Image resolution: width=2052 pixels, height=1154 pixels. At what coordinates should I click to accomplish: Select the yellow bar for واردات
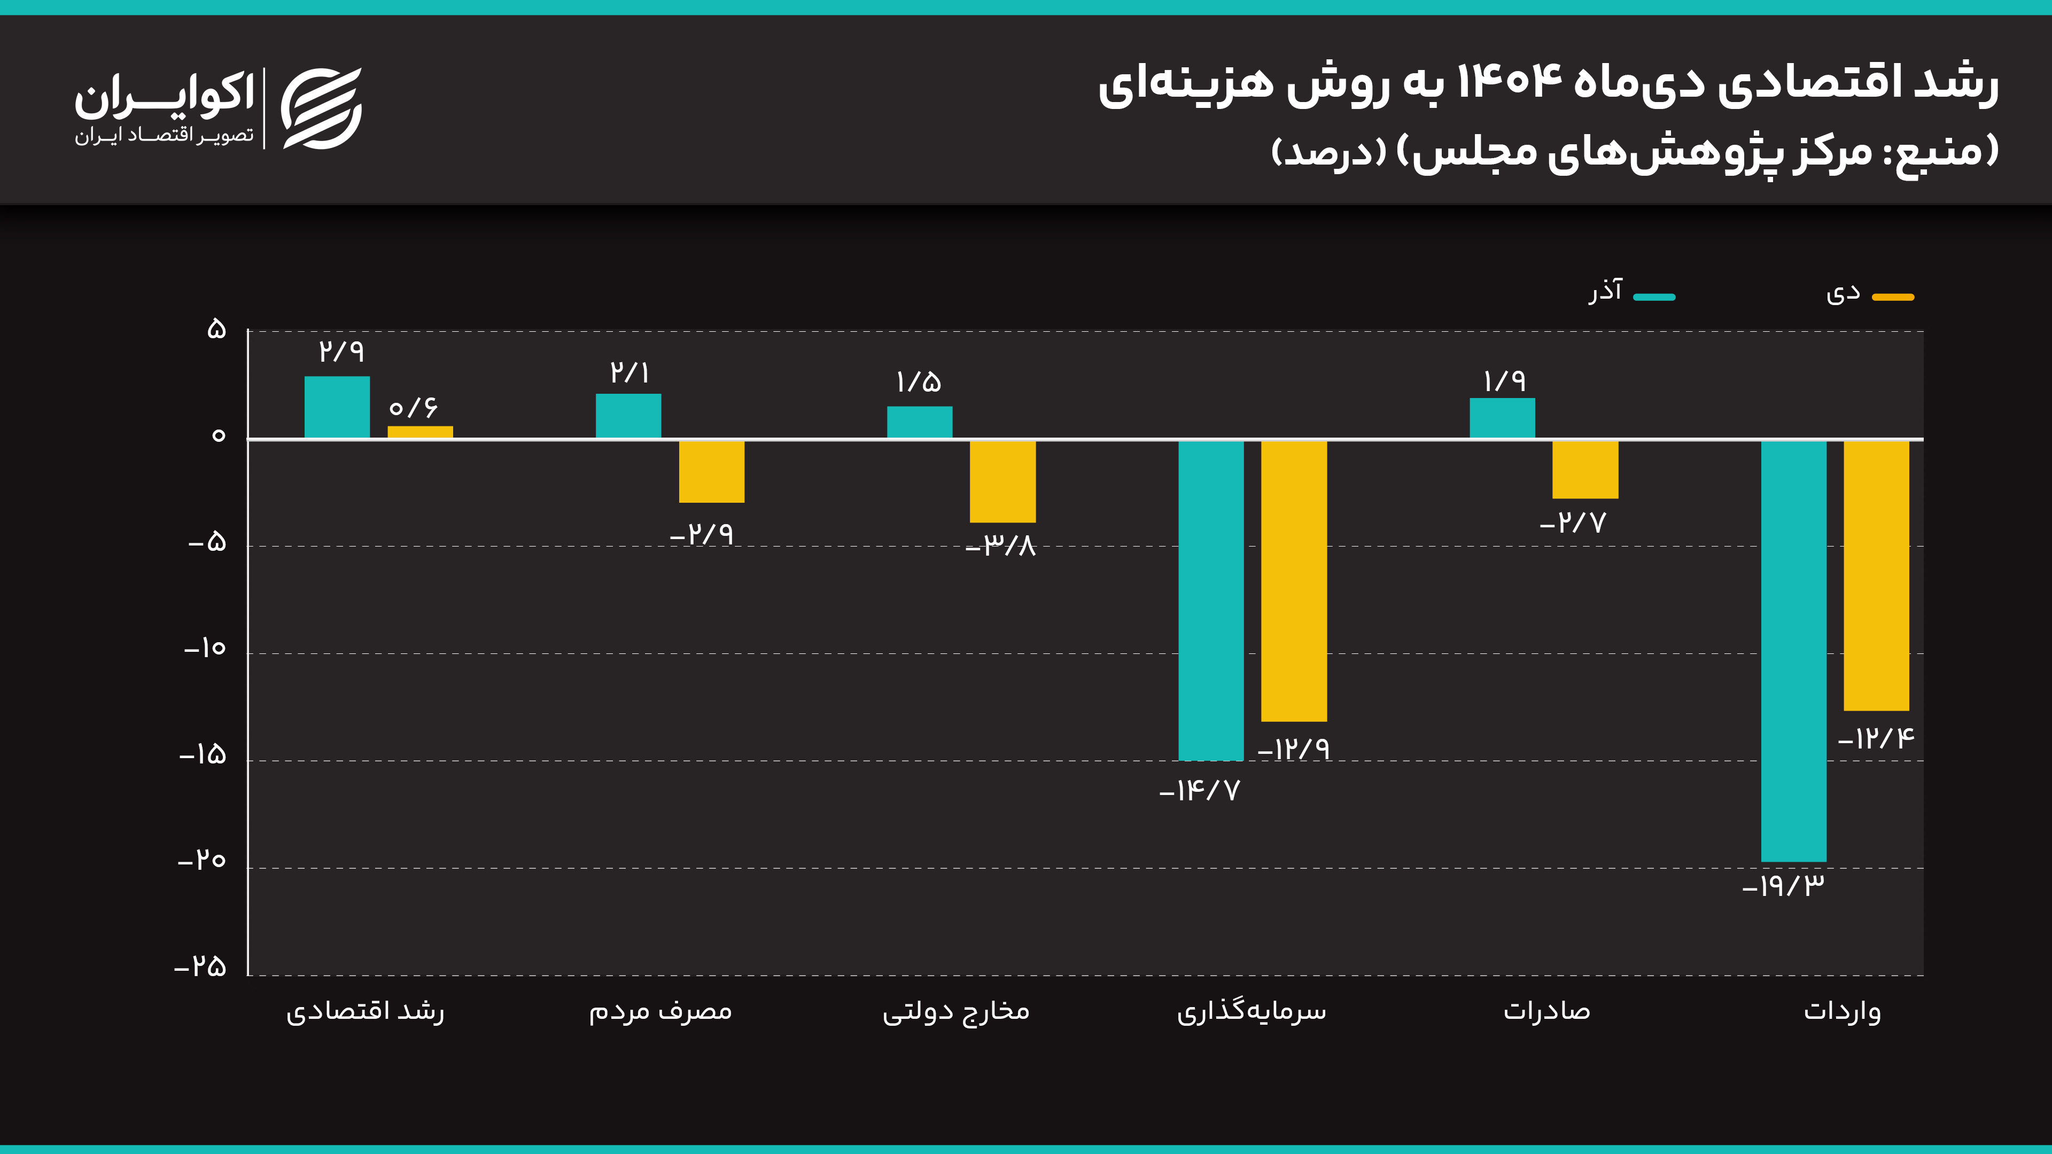(x=1876, y=574)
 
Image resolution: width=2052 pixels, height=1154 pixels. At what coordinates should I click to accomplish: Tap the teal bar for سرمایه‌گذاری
(x=1211, y=599)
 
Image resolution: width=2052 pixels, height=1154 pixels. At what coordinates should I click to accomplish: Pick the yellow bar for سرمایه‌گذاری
(x=1294, y=581)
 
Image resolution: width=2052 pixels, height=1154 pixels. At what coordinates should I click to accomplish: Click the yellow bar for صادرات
(x=1585, y=469)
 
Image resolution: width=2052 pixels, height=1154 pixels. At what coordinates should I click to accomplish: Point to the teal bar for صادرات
(x=1502, y=418)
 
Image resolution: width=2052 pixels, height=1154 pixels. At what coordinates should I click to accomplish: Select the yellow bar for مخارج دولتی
(x=1002, y=481)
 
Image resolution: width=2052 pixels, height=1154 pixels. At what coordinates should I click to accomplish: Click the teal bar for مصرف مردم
(x=628, y=416)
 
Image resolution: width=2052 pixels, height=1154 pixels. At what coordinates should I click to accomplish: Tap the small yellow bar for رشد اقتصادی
(x=421, y=432)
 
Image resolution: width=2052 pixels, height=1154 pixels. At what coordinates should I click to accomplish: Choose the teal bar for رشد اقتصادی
(x=337, y=407)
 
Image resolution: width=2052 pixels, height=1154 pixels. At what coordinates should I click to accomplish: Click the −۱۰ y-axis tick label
(x=206, y=648)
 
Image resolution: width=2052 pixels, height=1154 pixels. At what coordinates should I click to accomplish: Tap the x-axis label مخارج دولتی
(x=956, y=1011)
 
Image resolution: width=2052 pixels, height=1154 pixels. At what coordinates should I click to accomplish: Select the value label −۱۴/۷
(x=1200, y=791)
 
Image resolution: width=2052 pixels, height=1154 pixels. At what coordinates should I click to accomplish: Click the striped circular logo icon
(x=322, y=108)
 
